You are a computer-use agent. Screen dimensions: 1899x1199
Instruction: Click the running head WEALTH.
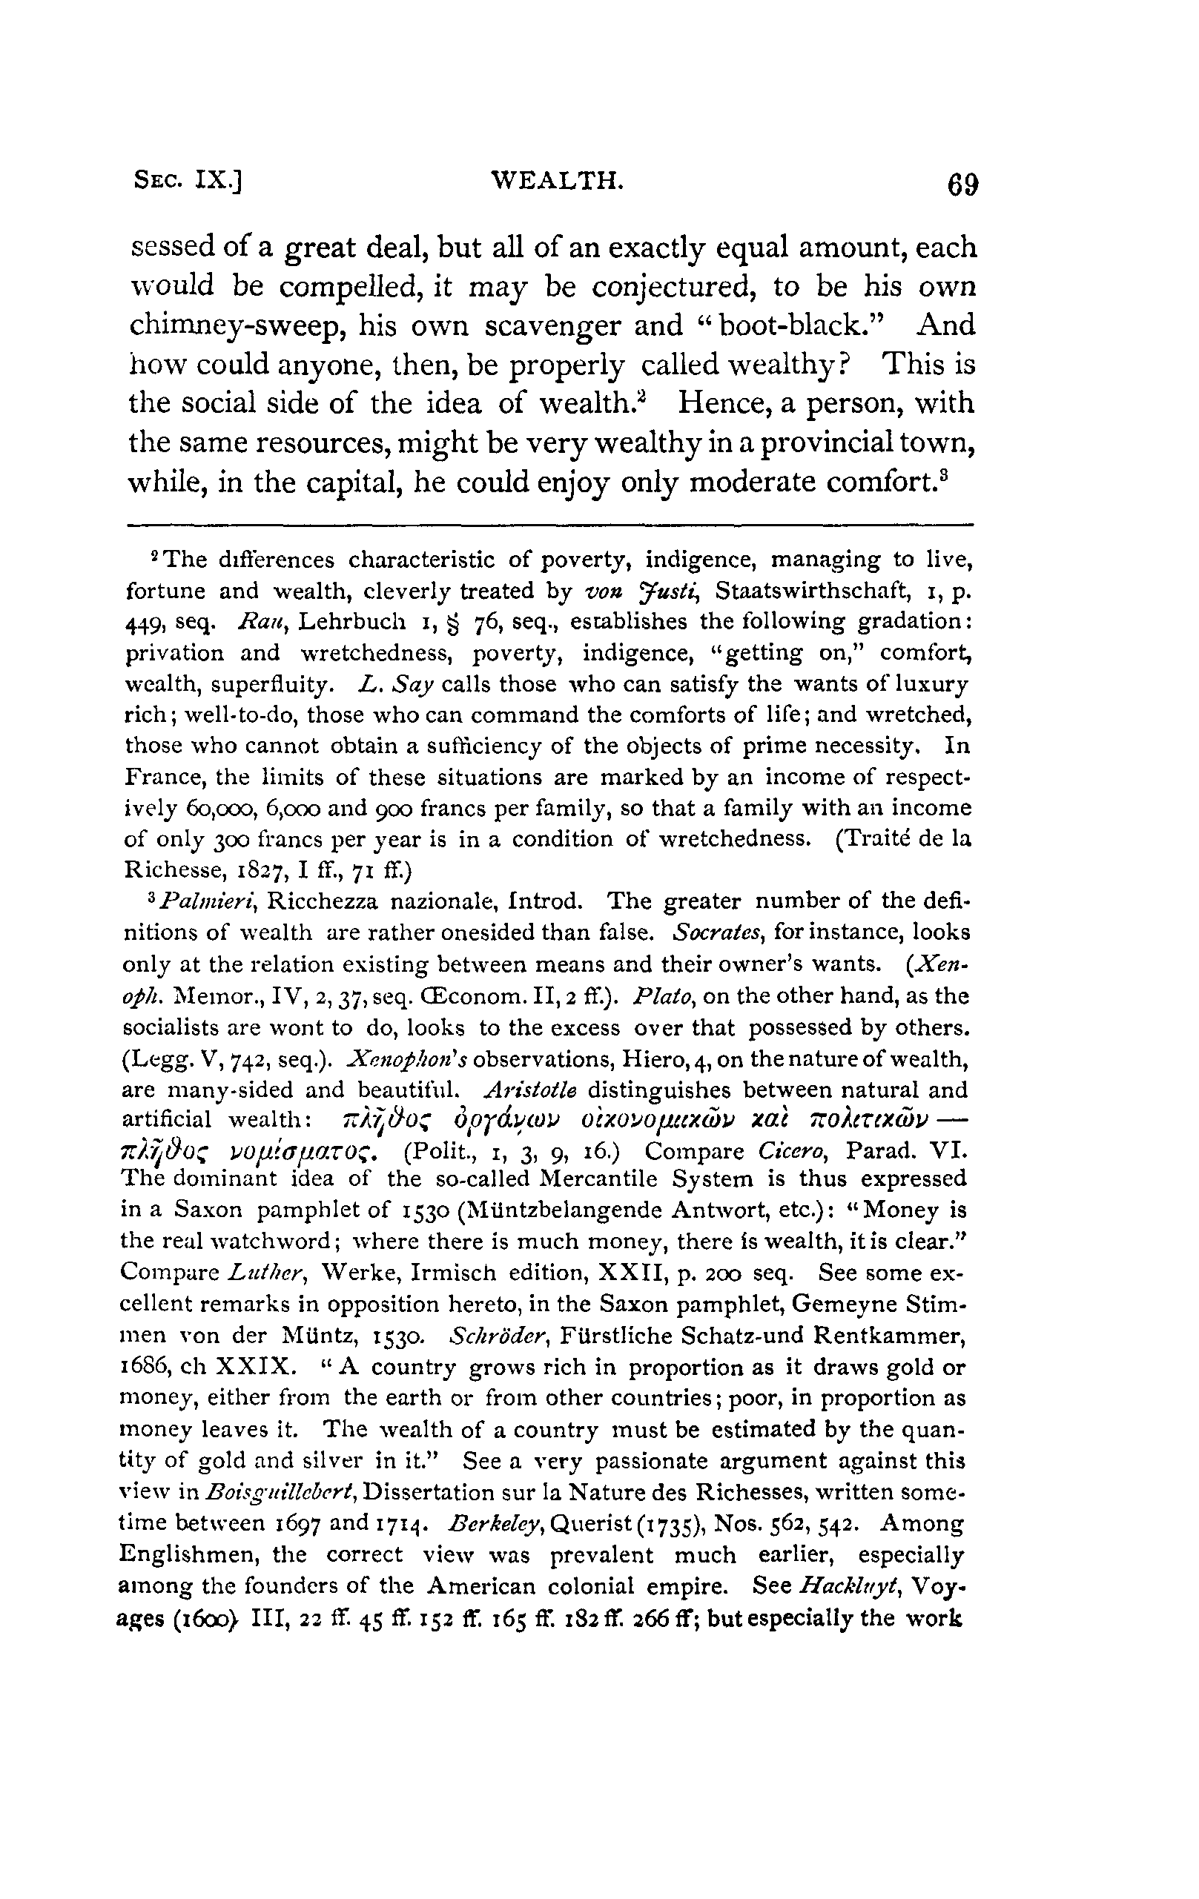click(558, 182)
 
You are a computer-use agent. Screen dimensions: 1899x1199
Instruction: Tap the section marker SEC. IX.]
click(188, 182)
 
